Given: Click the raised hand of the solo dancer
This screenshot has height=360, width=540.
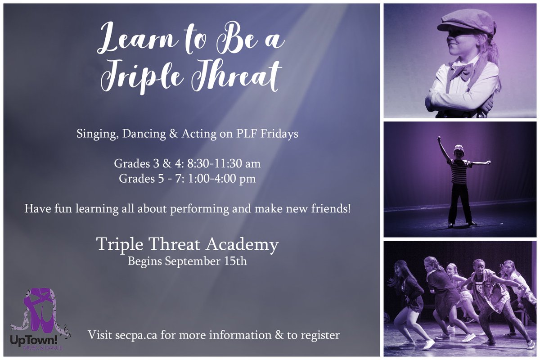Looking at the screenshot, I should [439, 140].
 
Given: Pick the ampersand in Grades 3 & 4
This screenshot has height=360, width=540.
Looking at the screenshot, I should [165, 163].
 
